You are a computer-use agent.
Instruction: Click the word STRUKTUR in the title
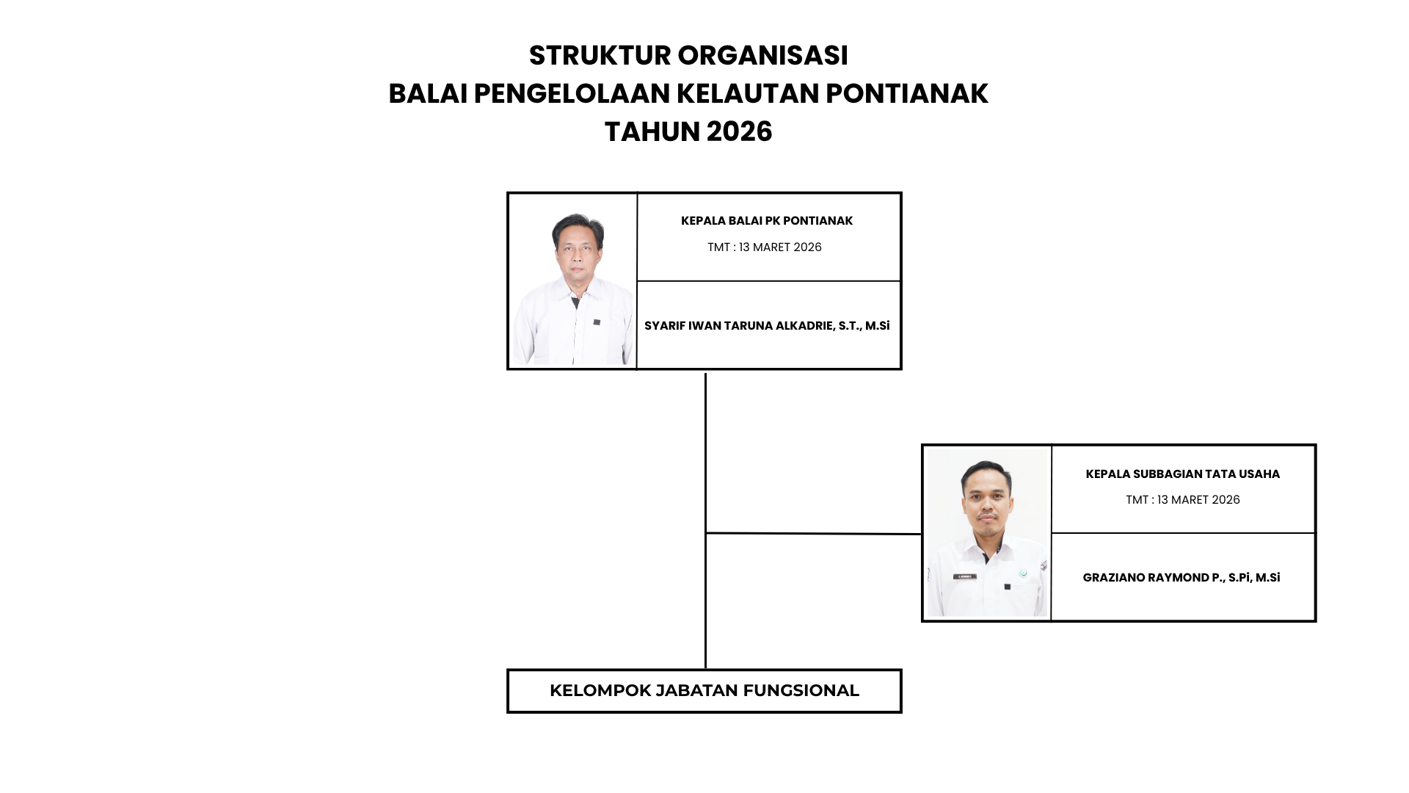pos(600,56)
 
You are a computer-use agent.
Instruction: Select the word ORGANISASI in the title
pos(763,56)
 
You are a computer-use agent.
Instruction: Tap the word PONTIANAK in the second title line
pos(907,94)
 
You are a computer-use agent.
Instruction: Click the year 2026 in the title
pos(739,132)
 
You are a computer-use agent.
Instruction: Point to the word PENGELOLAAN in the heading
pos(570,94)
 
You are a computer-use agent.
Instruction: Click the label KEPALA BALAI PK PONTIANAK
pos(767,221)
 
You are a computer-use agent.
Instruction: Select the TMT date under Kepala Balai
pos(765,247)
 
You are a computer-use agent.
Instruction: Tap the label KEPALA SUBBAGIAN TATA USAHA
pos(1183,474)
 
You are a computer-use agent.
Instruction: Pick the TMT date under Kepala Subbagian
pos(1183,500)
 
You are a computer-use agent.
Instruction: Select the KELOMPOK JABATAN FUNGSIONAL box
pos(704,691)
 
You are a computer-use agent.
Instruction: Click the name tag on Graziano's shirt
pos(965,577)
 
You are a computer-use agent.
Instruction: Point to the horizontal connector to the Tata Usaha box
pos(813,534)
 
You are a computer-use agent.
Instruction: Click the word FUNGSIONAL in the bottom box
pos(801,691)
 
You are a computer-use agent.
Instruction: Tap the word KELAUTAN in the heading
pos(747,94)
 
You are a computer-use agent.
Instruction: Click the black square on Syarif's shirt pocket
pos(597,322)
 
